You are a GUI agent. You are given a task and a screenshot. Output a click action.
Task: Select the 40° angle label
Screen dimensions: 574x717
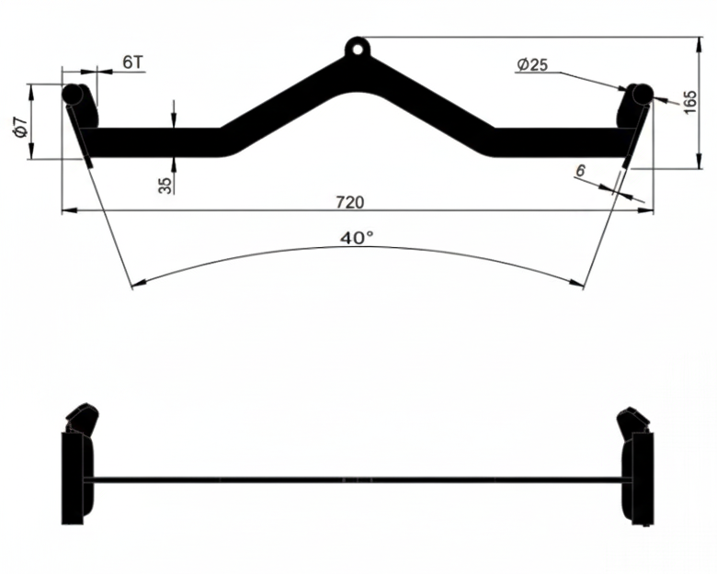pos(357,238)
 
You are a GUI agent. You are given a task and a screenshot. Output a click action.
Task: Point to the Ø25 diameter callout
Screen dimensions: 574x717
pos(532,64)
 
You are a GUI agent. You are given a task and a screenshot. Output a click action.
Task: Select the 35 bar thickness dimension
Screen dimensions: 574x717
pos(165,184)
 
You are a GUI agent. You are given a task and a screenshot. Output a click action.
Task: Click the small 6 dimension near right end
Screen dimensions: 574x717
pos(579,170)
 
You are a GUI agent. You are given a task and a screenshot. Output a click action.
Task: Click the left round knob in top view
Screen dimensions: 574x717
pos(72,93)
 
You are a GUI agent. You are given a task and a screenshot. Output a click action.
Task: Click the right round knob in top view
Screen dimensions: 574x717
pos(642,93)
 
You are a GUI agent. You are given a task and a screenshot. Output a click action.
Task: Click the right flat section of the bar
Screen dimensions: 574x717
pos(561,142)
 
